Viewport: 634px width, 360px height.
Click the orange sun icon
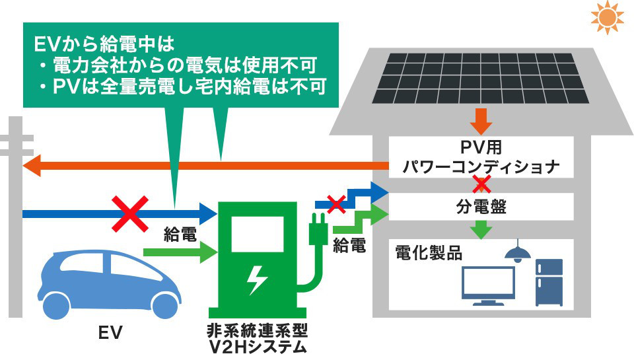tap(607, 18)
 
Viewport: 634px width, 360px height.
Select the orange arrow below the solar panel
tap(481, 122)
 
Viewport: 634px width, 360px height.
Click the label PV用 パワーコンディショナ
tap(481, 157)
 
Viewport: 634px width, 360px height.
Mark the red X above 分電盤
tap(481, 183)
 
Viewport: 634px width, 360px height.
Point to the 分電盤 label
tap(481, 206)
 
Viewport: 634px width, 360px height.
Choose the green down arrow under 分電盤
tap(481, 229)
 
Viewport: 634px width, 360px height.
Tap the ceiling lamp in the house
tap(518, 250)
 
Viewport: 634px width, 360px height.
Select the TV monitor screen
tap(488, 282)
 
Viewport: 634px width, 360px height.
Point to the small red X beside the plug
tap(337, 203)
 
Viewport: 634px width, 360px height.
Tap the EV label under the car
tap(111, 332)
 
